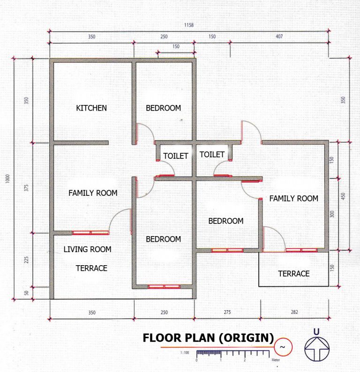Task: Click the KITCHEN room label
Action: click(x=91, y=108)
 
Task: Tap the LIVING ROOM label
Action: click(x=88, y=249)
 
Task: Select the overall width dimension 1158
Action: click(x=189, y=25)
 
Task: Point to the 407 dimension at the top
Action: click(x=279, y=37)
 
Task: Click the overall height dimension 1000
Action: click(x=8, y=180)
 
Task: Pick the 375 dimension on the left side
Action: click(x=26, y=188)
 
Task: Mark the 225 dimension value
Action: click(x=26, y=260)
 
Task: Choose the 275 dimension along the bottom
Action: click(x=226, y=312)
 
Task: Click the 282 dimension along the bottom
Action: click(x=294, y=312)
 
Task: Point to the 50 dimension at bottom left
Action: click(x=26, y=293)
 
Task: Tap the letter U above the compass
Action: click(x=316, y=332)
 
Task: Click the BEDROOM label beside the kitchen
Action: click(x=163, y=108)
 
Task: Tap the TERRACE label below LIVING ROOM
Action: click(x=92, y=268)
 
